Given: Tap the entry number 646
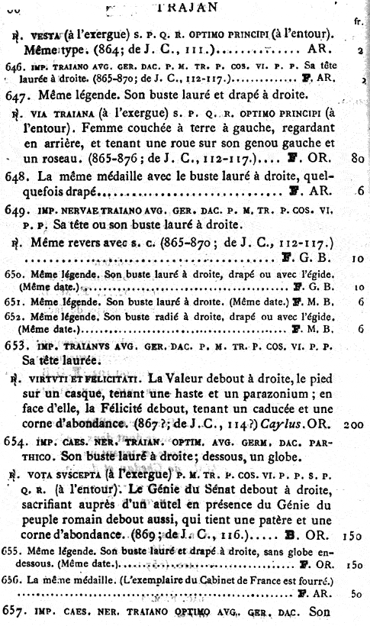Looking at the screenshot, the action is (x=13, y=66).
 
